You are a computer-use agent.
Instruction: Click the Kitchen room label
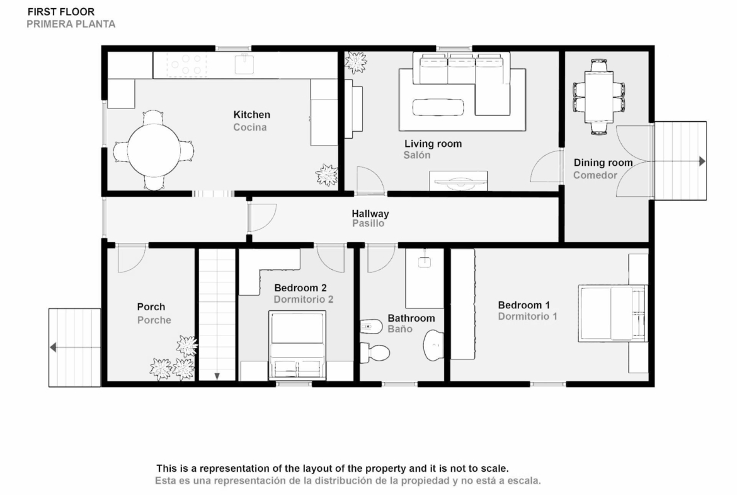coord(251,114)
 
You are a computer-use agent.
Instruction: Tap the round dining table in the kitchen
coord(154,150)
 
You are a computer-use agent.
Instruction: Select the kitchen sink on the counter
coord(244,64)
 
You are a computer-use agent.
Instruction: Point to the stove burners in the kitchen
coord(186,65)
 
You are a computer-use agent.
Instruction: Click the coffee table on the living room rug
coord(438,107)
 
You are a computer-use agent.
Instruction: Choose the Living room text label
coord(433,144)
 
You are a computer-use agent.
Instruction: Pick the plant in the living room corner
coord(355,62)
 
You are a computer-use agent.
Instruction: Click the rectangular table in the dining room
coord(599,96)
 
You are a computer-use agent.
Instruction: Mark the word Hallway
coord(370,213)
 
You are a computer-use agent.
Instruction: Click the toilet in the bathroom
coord(375,352)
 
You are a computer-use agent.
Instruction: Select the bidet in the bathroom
coord(371,326)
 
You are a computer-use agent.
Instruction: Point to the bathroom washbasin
coord(433,345)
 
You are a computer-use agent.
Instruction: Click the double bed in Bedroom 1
coord(613,312)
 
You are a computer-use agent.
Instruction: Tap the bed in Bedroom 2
coord(297,345)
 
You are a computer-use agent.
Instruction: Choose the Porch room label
coord(151,307)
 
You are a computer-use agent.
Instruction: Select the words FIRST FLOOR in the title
coord(61,12)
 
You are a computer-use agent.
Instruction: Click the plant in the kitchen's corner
coord(327,175)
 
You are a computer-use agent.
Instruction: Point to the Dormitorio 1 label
coord(527,316)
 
